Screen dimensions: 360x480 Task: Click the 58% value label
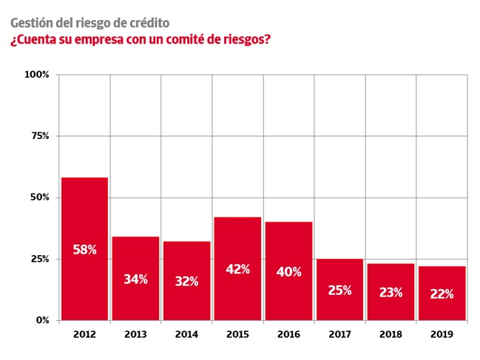click(84, 250)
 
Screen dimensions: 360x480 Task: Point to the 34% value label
click(135, 279)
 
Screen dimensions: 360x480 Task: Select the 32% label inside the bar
click(186, 282)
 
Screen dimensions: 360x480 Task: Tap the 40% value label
click(288, 272)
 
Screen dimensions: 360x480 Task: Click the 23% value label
click(391, 292)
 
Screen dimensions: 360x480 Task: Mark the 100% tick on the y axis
click(36, 75)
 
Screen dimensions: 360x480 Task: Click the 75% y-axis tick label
click(38, 136)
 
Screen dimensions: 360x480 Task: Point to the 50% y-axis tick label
click(38, 197)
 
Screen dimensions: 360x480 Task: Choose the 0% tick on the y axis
click(41, 320)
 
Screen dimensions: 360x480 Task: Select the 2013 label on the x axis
click(135, 334)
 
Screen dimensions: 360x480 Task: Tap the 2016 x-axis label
click(288, 334)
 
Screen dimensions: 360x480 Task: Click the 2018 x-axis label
click(391, 334)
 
